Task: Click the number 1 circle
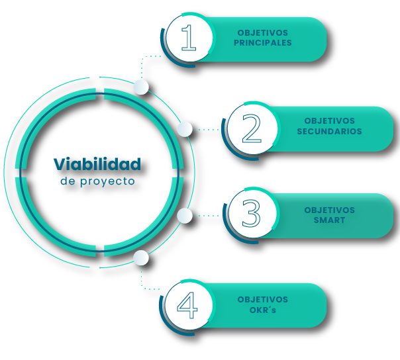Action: coord(189,38)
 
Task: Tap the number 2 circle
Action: coord(250,128)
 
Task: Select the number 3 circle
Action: coord(250,215)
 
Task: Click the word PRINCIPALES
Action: coord(263,43)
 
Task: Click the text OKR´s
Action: coord(263,310)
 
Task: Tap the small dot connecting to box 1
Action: coord(140,87)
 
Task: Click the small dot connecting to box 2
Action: coord(185,128)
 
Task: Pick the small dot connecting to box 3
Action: coord(185,215)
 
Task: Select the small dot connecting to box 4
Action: coord(140,257)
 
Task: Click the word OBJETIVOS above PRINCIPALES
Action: coord(263,33)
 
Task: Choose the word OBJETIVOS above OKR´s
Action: coord(263,300)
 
